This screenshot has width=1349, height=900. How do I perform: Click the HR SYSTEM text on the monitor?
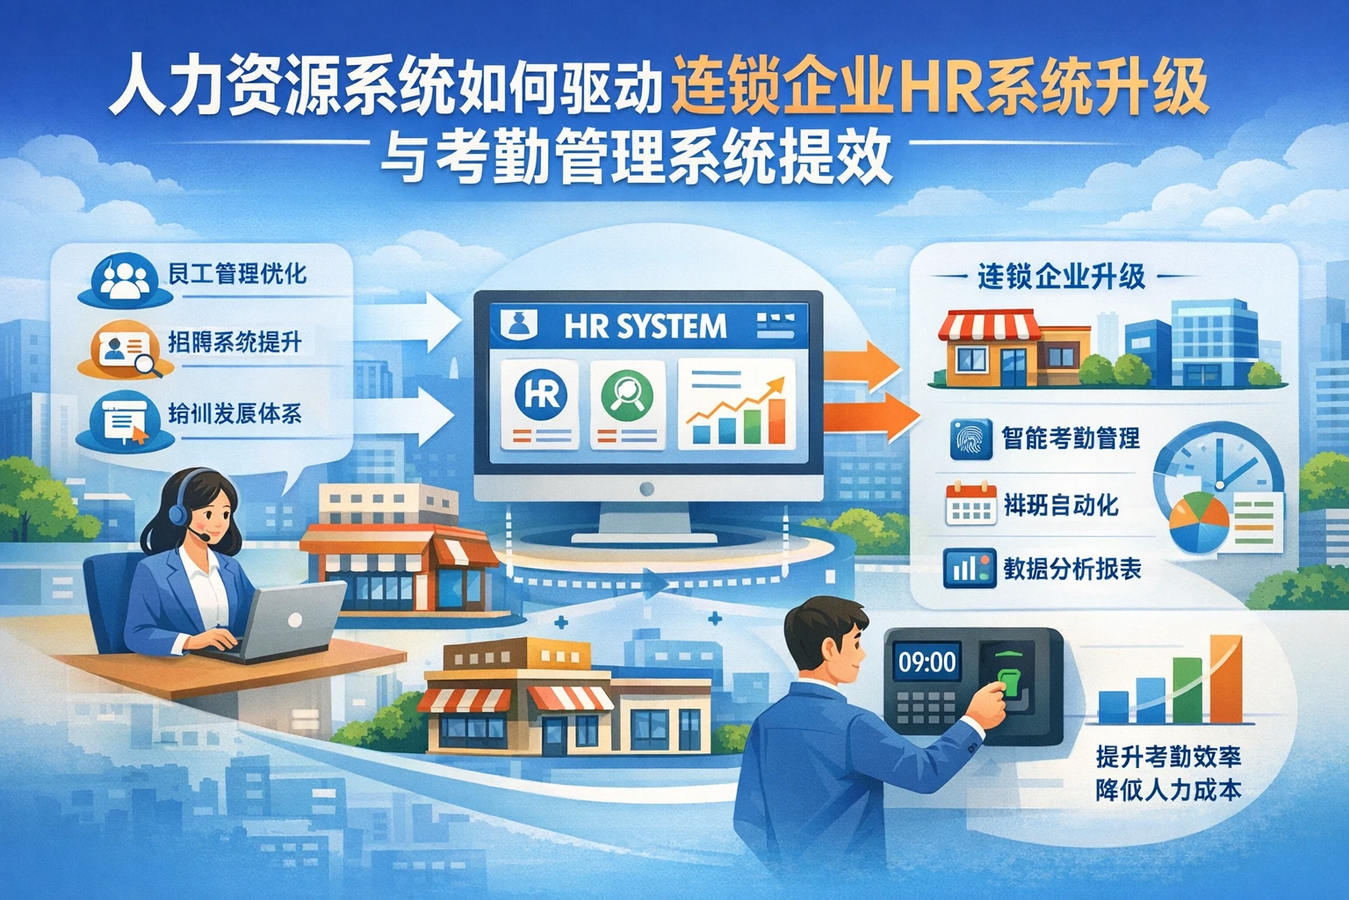(645, 327)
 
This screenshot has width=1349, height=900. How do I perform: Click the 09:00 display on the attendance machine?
(926, 661)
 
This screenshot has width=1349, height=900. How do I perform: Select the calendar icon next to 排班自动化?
(970, 505)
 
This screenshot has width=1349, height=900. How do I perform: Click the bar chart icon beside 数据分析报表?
(970, 569)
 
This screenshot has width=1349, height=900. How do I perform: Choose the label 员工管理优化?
(237, 273)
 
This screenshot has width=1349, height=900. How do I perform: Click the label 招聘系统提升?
(234, 341)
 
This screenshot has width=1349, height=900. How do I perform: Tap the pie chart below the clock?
(1200, 523)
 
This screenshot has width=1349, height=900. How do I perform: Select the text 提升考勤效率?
(1168, 758)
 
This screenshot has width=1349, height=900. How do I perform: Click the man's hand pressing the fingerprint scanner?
(996, 698)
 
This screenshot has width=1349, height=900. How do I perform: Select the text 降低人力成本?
(1168, 789)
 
